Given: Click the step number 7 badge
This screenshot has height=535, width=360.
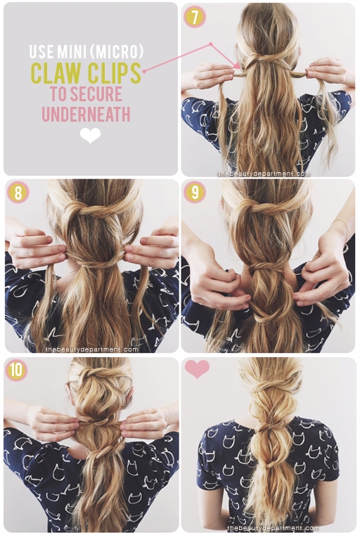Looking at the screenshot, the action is (x=195, y=17).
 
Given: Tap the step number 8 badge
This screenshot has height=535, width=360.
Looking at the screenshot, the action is (x=18, y=192).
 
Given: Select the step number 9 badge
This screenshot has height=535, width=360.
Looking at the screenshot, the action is (x=195, y=192).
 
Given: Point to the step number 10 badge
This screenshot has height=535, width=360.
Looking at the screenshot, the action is (x=16, y=370).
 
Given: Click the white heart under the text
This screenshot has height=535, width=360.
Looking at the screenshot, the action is (x=91, y=136).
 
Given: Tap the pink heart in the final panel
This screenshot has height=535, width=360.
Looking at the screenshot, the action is (x=197, y=368).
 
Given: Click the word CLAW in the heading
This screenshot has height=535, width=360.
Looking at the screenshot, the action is (x=57, y=72).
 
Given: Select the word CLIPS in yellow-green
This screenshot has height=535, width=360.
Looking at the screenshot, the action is (x=115, y=72).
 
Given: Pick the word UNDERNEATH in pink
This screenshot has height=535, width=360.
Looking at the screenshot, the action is (x=86, y=114).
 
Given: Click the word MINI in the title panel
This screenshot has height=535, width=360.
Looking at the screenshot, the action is (x=71, y=51).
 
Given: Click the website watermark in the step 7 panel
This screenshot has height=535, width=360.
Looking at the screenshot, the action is (x=264, y=174).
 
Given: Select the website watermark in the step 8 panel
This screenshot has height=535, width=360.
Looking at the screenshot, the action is (x=91, y=349).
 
